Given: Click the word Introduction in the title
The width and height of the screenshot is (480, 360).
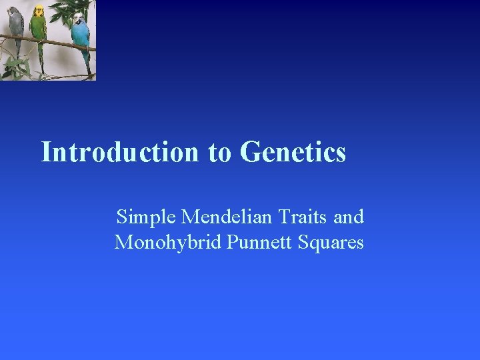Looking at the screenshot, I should (121, 152).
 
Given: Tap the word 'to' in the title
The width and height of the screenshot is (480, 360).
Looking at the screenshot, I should (219, 153).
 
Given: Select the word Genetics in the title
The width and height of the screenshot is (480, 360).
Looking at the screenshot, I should (293, 152).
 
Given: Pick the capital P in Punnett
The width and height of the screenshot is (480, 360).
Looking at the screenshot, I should (231, 242).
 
